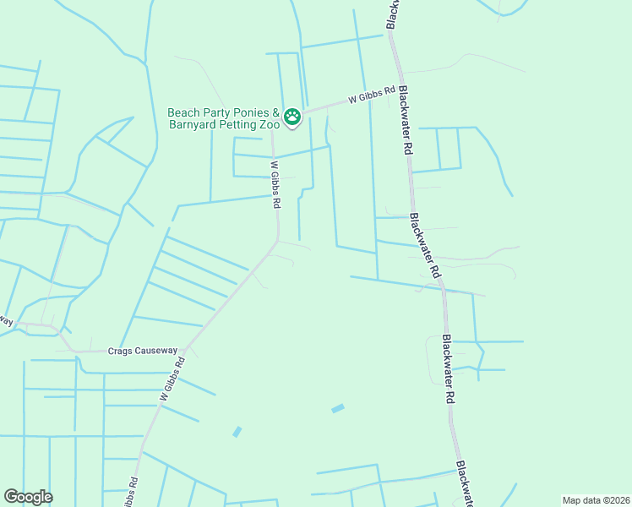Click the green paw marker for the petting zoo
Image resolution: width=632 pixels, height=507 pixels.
(292, 117)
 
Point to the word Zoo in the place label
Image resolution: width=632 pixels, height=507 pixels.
(270, 127)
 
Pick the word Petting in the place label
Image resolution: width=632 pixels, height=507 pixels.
(238, 127)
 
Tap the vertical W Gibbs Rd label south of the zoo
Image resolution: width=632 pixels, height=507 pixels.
(275, 184)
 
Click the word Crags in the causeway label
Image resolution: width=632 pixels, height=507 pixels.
(122, 351)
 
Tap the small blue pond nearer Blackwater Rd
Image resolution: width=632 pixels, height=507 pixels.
(338, 409)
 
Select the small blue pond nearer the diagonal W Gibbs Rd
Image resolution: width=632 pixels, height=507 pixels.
(237, 432)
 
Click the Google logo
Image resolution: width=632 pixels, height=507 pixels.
(28, 497)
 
